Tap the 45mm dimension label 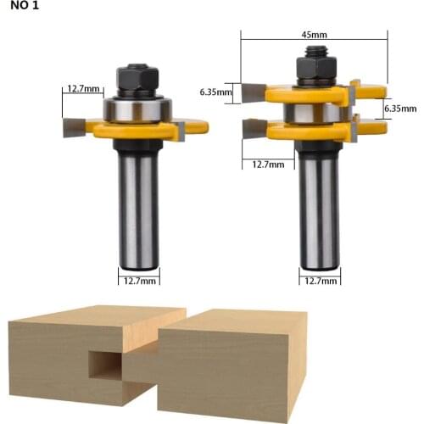pos(313,36)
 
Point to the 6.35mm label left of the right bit pos(215,91)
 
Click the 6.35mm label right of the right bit pos(400,108)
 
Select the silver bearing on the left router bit pos(138,109)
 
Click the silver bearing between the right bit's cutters pos(310,113)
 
